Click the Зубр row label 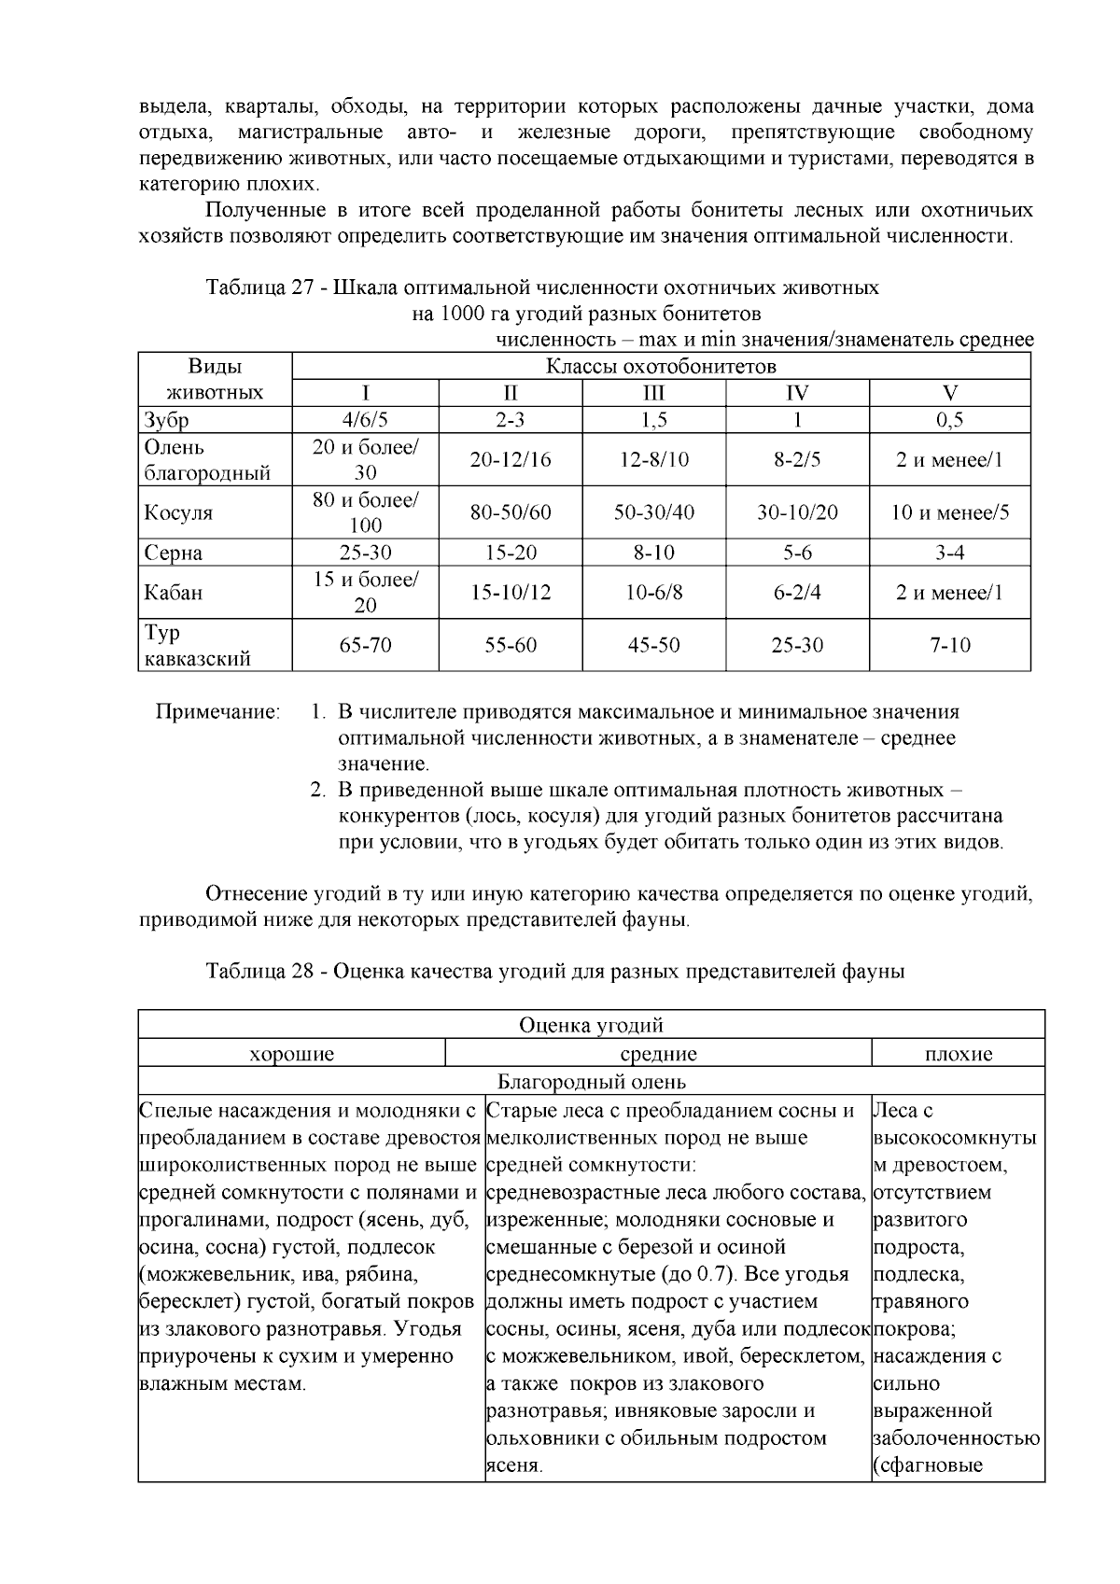click(167, 420)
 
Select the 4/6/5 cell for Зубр click(365, 420)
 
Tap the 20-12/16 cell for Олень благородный click(510, 459)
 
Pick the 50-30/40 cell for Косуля click(653, 512)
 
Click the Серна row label click(174, 553)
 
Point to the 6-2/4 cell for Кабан click(797, 593)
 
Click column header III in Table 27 click(653, 393)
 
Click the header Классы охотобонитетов click(661, 366)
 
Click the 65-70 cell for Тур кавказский click(365, 645)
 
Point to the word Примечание click(217, 713)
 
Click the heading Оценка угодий click(591, 1026)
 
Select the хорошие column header click(292, 1055)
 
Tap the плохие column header click(958, 1055)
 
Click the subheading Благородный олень click(591, 1083)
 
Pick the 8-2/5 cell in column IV click(797, 459)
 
